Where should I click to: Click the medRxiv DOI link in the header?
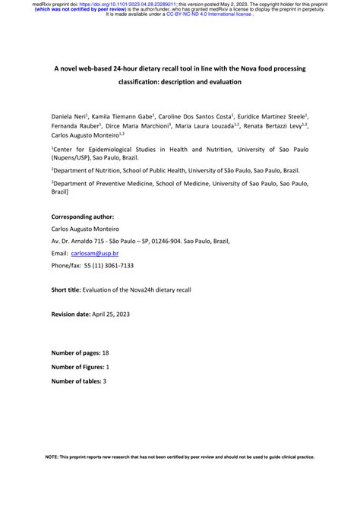[128, 4]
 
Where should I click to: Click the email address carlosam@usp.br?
[96, 253]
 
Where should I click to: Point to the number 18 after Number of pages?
[106, 353]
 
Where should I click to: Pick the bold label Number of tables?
[76, 380]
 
